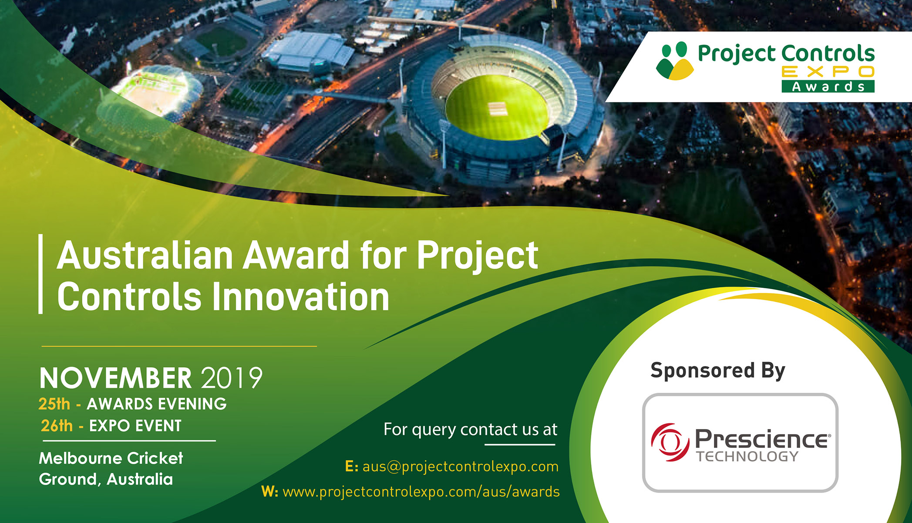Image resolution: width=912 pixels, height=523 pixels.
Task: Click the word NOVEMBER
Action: [x=115, y=378]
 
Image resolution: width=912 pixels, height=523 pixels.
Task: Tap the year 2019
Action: [x=232, y=378]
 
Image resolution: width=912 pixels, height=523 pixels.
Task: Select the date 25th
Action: [x=54, y=404]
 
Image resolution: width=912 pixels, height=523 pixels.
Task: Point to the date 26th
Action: [x=57, y=426]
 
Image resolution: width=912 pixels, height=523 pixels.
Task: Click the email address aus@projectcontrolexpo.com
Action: [x=460, y=466]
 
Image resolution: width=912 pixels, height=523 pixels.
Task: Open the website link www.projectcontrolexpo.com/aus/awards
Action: [x=421, y=492]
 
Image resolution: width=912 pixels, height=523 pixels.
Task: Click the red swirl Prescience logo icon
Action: [x=670, y=442]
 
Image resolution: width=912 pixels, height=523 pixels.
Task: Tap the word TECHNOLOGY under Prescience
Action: [x=747, y=456]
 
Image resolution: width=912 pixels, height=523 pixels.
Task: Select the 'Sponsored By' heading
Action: [x=718, y=371]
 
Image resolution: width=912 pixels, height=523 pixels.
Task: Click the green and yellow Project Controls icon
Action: [x=675, y=61]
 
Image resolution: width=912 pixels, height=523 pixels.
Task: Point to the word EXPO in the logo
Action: [x=828, y=71]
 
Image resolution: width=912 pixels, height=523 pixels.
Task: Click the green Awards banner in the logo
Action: [x=828, y=86]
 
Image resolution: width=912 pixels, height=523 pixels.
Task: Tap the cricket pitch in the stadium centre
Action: [x=498, y=109]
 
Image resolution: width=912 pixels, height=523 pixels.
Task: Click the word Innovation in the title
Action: [x=301, y=297]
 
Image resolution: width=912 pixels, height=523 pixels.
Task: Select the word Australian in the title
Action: [x=145, y=256]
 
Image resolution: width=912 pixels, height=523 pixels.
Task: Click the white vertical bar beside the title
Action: [x=40, y=274]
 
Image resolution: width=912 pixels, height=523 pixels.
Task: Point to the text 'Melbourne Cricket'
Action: [x=111, y=458]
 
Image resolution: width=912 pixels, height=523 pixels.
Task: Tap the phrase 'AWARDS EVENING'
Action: [x=157, y=404]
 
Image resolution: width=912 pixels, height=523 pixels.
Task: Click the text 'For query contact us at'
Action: [x=470, y=430]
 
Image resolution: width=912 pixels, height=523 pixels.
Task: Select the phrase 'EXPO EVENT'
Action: [x=135, y=426]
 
